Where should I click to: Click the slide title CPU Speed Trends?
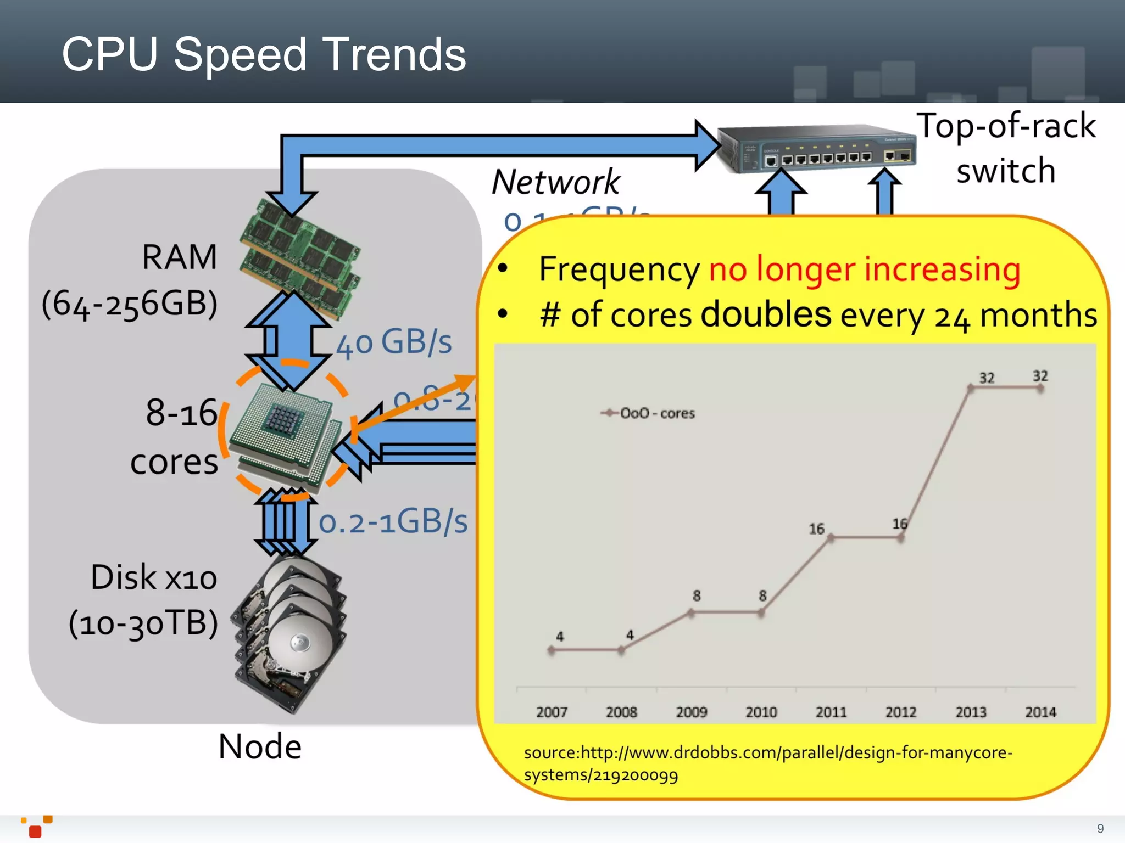point(264,54)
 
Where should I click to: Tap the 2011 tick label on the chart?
point(831,712)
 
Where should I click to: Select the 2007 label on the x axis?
point(552,712)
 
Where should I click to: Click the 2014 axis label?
point(1040,712)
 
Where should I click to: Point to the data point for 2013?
point(971,389)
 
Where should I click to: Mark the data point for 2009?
point(692,614)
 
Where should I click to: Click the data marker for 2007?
point(552,650)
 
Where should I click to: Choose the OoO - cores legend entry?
point(648,413)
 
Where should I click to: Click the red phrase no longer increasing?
point(865,269)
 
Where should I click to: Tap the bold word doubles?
point(766,314)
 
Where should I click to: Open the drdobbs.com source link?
point(768,763)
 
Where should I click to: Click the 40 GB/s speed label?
point(394,343)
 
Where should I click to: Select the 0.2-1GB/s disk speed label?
point(393,521)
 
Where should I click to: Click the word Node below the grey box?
point(260,746)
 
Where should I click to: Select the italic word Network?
point(556,182)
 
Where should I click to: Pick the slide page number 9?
point(1100,828)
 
